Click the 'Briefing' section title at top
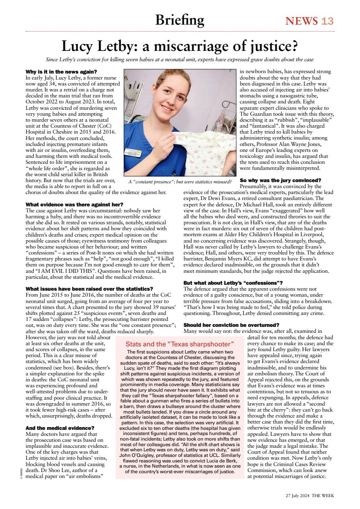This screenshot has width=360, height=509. click(x=179, y=19)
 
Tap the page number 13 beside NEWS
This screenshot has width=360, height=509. click(x=327, y=21)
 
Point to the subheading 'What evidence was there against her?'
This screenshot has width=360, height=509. click(x=74, y=204)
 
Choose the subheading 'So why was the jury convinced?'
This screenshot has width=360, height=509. click(x=280, y=180)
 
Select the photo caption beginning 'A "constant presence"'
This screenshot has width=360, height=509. click(x=180, y=182)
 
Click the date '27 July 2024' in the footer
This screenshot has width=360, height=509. click(x=298, y=495)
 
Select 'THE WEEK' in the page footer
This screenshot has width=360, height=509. click(x=323, y=495)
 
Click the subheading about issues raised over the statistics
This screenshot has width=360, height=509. click(x=89, y=288)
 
